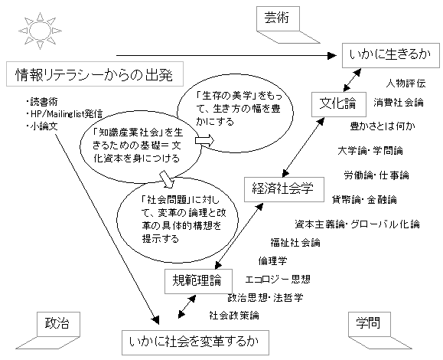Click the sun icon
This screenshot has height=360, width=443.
tap(40, 31)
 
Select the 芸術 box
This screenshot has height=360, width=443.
tap(278, 18)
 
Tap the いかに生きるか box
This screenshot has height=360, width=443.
tap(391, 55)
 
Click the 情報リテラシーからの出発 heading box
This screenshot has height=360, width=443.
tap(95, 74)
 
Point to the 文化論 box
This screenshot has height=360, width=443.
tap(339, 104)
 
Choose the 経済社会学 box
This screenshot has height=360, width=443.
tap(284, 189)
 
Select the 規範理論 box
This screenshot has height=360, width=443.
tap(198, 281)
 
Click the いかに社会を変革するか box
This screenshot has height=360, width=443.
tap(195, 342)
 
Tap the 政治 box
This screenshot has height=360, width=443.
tap(58, 324)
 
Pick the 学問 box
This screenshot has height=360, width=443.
tap(370, 324)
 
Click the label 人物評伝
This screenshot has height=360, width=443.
tap(406, 83)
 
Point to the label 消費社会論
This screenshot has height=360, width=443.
tap(399, 103)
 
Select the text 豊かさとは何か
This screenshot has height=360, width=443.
tap(383, 126)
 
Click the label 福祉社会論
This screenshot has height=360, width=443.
tap(295, 243)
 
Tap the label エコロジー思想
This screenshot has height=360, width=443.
tap(278, 280)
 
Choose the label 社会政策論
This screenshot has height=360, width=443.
tap(234, 316)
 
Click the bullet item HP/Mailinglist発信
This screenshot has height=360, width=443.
tap(64, 113)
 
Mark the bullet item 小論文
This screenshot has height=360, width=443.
tap(42, 126)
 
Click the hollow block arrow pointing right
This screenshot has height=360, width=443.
tap(204, 140)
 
